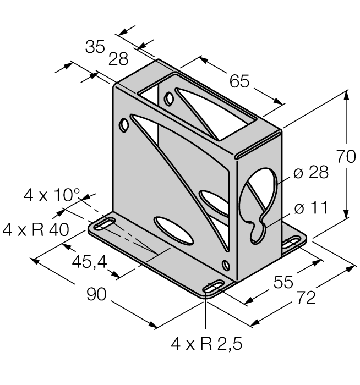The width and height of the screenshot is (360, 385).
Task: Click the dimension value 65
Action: (x=239, y=81)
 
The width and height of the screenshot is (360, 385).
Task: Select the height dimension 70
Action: (x=346, y=157)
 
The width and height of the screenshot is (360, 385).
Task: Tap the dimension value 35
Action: (x=95, y=47)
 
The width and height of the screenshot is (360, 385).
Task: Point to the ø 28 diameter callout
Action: (x=311, y=173)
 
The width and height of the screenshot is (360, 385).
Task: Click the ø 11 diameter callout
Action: (x=310, y=208)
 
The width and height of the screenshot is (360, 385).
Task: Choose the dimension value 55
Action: (x=285, y=282)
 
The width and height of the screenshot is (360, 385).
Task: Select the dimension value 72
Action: (x=306, y=298)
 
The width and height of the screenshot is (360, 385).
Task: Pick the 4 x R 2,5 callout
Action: (x=206, y=345)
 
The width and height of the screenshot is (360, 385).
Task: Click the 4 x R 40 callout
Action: (x=36, y=229)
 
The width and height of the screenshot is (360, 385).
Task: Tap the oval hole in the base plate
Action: (x=174, y=230)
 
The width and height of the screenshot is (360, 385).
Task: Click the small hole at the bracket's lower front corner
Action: (x=226, y=265)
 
